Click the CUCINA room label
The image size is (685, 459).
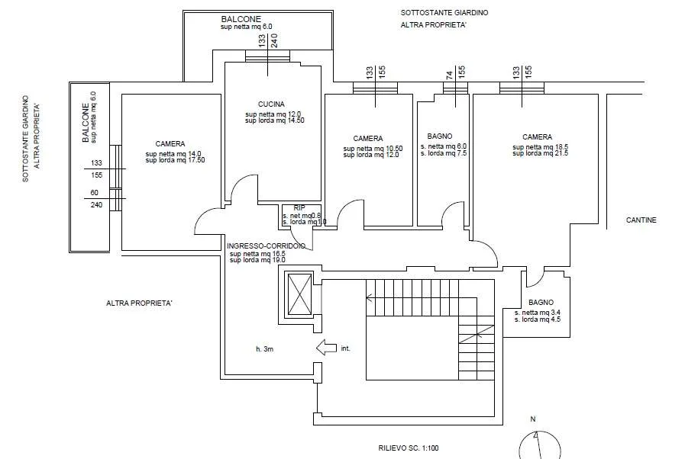tap(271, 104)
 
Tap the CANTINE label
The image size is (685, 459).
tap(641, 220)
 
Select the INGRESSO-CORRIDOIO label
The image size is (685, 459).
tap(266, 246)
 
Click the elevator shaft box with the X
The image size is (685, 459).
tap(299, 294)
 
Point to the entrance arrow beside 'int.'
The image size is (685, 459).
tap(326, 348)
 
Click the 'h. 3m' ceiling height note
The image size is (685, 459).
tap(265, 349)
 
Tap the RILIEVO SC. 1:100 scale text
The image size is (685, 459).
tap(409, 448)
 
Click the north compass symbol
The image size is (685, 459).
tap(540, 445)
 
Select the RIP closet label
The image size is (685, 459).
tap(299, 208)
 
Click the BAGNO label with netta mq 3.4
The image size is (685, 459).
tap(541, 303)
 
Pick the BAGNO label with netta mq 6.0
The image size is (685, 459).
tap(440, 136)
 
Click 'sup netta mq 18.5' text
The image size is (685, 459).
tap(541, 147)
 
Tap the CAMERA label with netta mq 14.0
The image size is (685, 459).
tap(170, 143)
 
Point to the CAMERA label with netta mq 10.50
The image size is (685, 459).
tap(368, 138)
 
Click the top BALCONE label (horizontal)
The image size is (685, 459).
tap(241, 19)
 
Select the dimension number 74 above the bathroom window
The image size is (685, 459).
tap(450, 75)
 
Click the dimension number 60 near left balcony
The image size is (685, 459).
tap(95, 192)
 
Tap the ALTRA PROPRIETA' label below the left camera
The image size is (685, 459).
tap(139, 303)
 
